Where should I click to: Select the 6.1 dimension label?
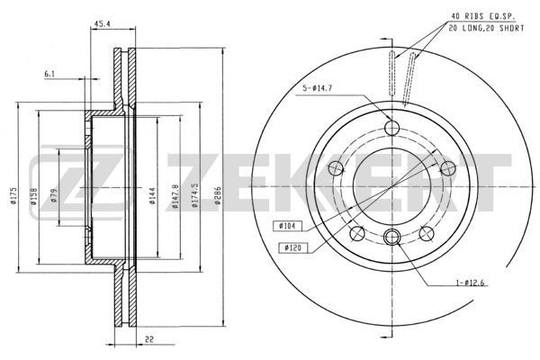coord(49,74)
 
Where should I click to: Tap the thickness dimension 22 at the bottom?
coord(149,339)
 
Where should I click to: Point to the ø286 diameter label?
coord(217,195)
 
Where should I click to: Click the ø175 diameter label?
coord(13,196)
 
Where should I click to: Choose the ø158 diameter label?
coord(34,196)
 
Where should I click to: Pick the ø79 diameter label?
coord(53,195)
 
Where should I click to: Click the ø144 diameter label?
coord(152,195)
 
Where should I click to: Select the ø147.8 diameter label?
coord(175,196)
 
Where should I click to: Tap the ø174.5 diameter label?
coord(195,195)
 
